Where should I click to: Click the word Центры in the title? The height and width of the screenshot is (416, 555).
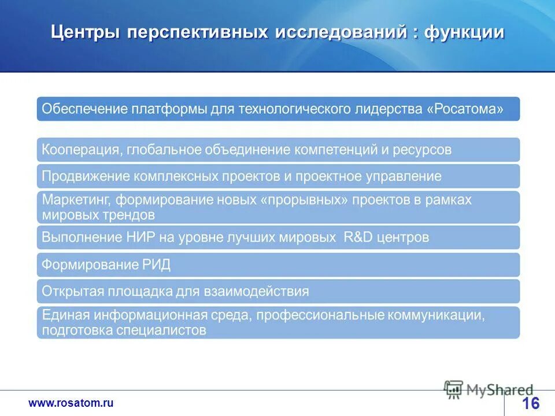(x=86, y=32)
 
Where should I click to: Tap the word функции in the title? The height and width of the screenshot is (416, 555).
(x=464, y=32)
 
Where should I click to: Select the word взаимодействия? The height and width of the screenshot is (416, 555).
(x=256, y=291)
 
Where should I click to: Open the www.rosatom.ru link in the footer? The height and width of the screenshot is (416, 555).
(x=71, y=403)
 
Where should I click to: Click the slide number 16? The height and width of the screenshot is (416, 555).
(x=530, y=403)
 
